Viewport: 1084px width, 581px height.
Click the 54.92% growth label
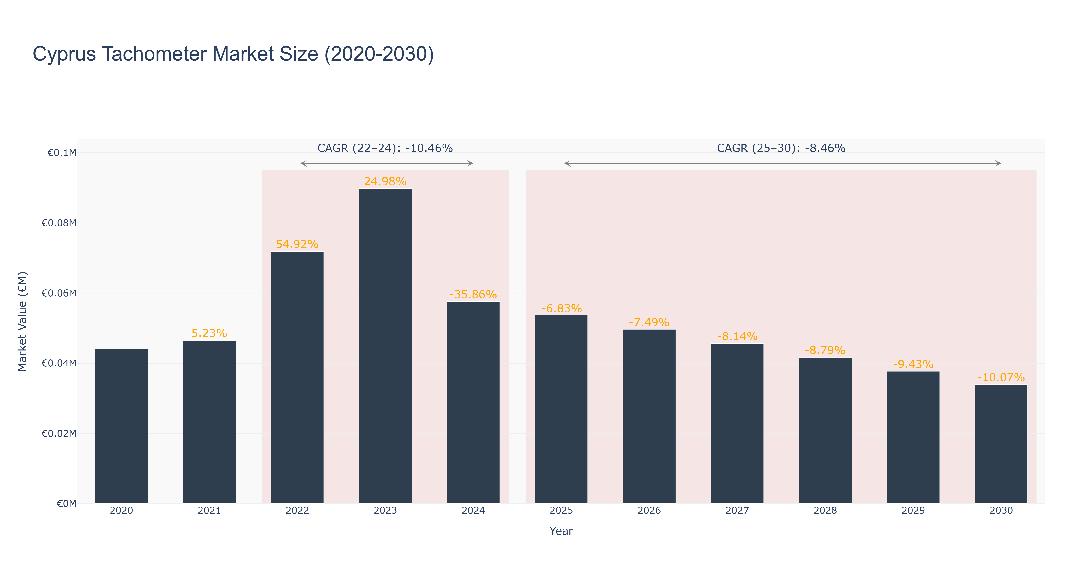(297, 244)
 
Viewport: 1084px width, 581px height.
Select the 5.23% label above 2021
(209, 333)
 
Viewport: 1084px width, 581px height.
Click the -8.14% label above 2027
(737, 336)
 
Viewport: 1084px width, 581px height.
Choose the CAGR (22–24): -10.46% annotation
(385, 148)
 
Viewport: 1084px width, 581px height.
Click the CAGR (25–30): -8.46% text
(781, 148)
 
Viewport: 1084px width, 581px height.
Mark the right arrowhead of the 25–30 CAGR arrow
(998, 163)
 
